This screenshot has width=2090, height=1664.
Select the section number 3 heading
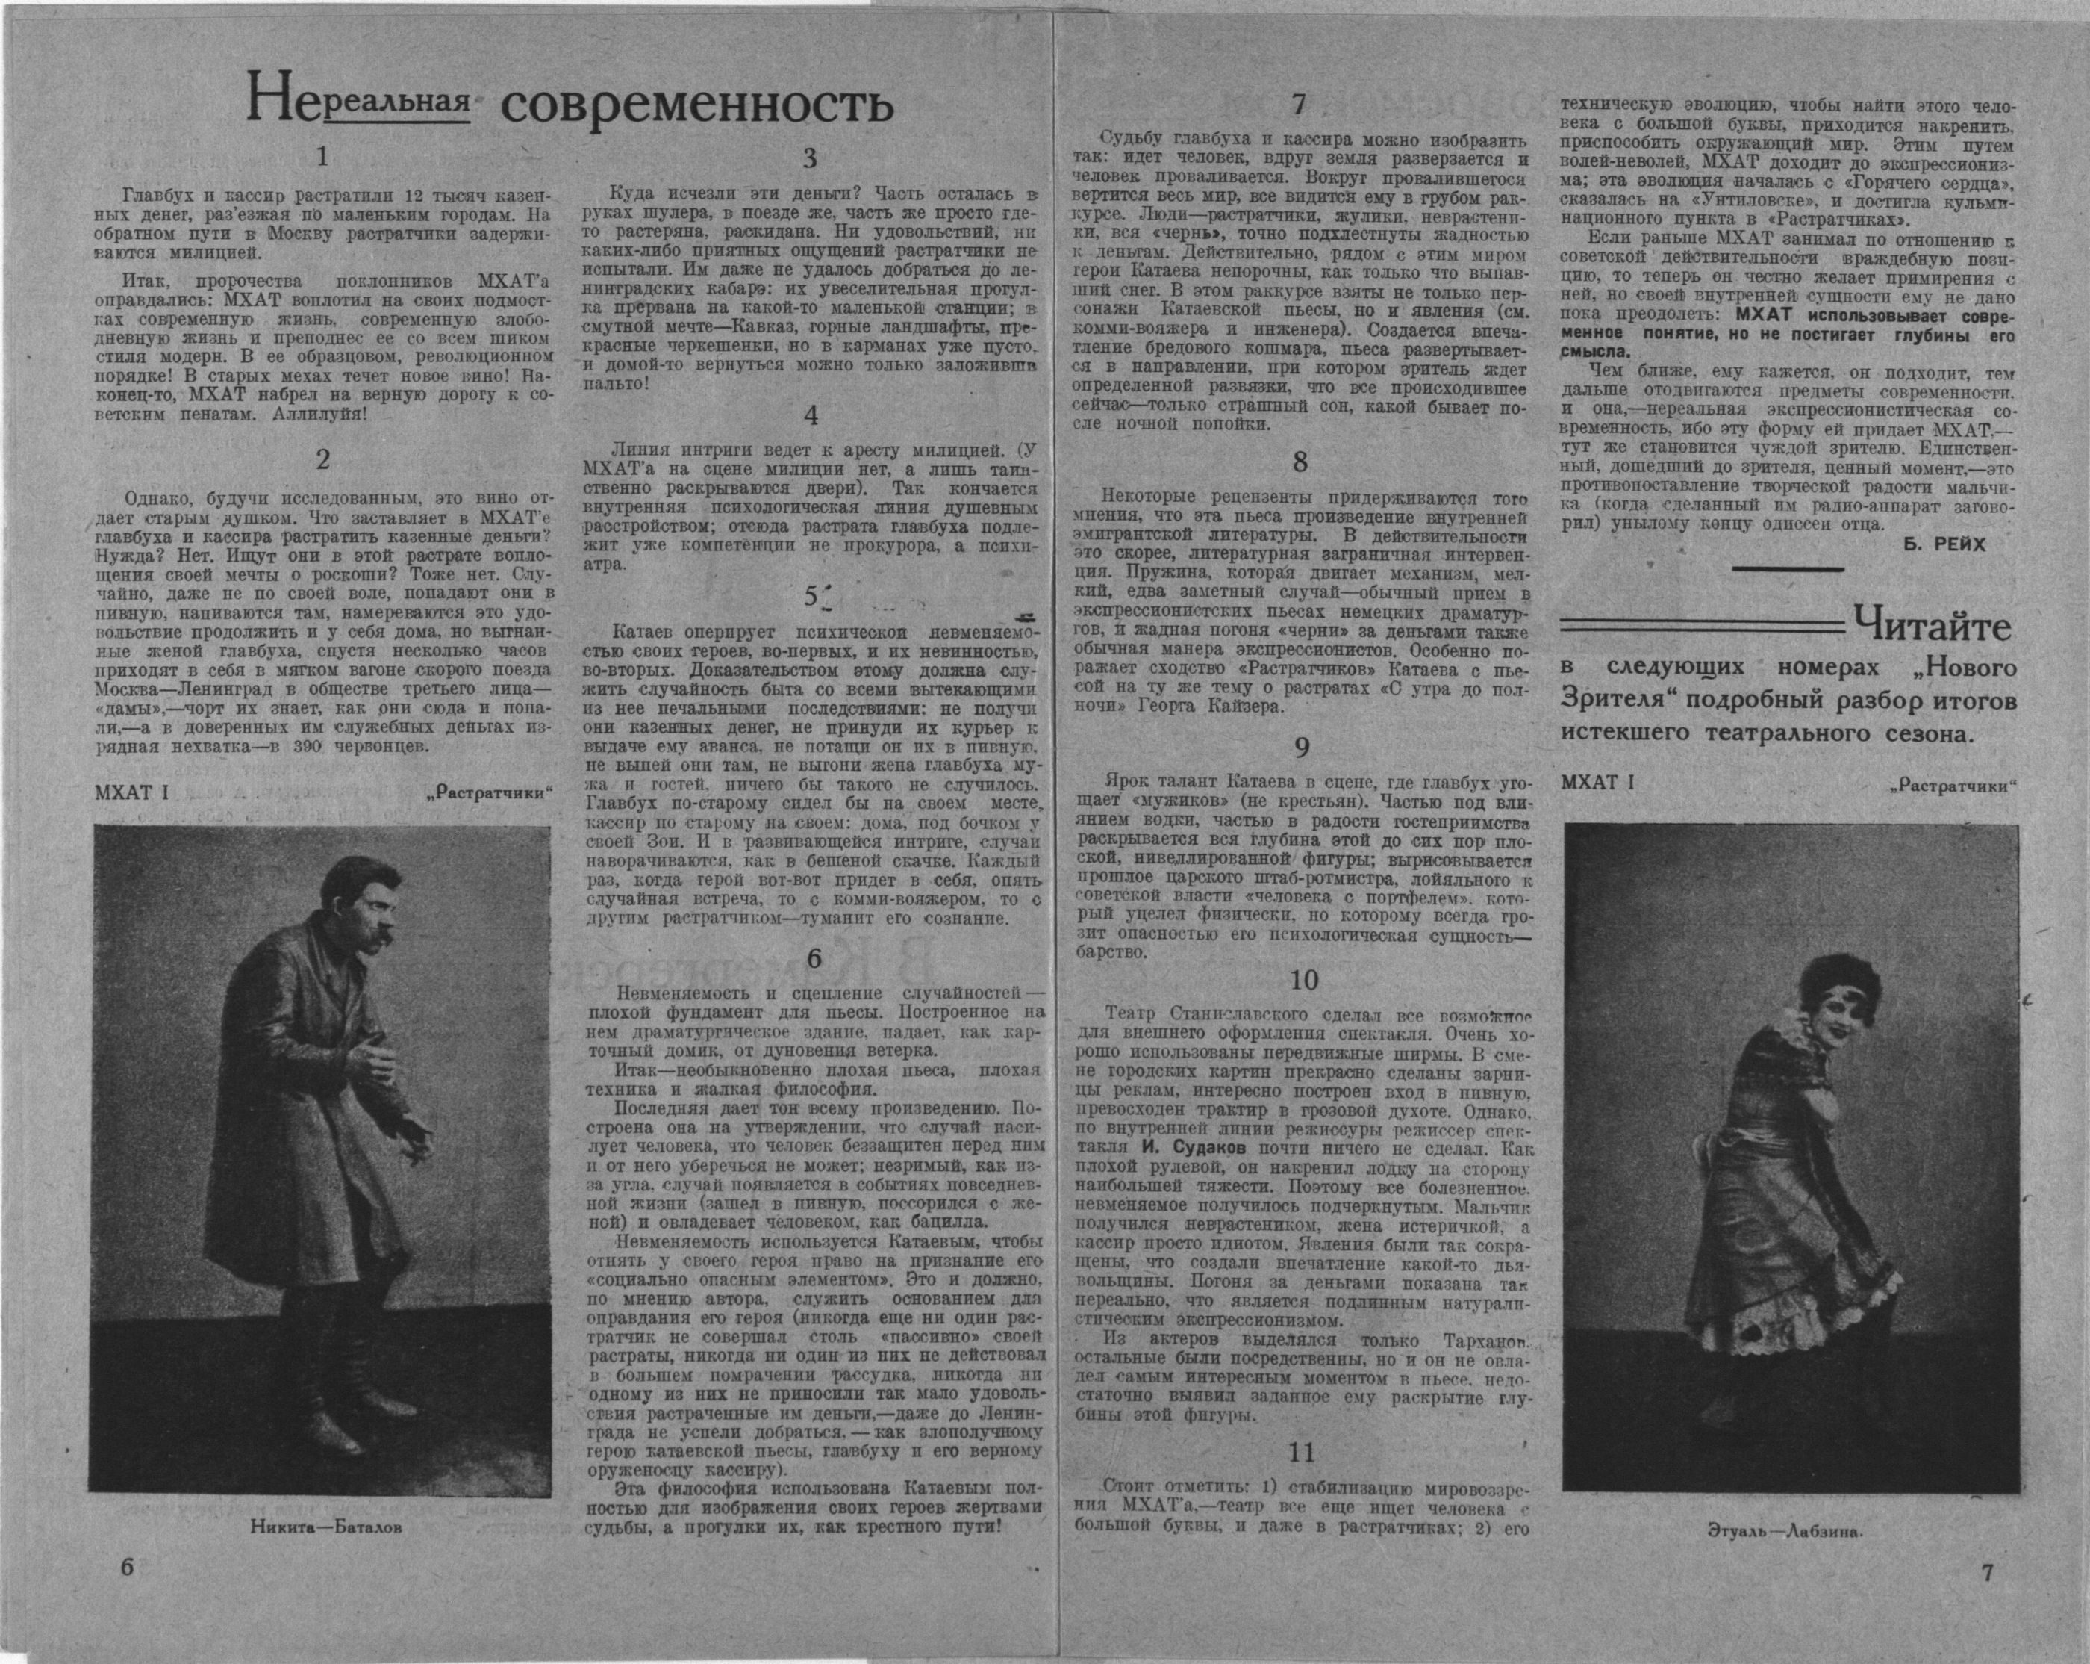[x=811, y=158]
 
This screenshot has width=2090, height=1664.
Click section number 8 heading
[x=1300, y=462]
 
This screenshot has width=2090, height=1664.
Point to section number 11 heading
[x=1302, y=1453]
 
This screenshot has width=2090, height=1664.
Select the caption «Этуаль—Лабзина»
[x=1785, y=1531]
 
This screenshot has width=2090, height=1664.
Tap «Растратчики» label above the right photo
[x=1950, y=787]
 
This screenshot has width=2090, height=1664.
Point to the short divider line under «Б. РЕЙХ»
[x=1788, y=568]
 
